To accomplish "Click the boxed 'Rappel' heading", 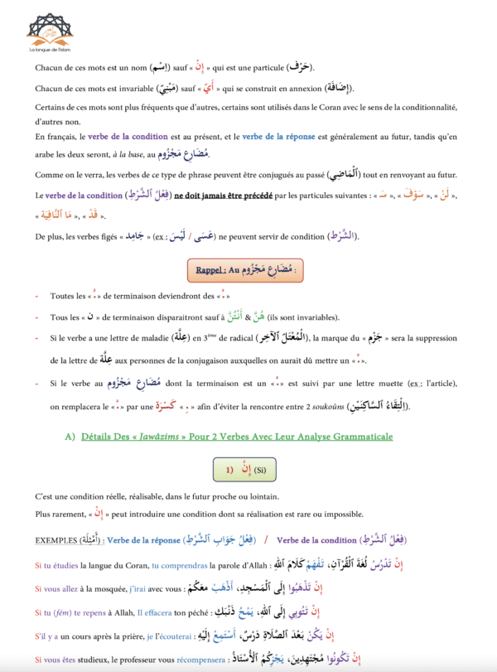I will tap(248, 270).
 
